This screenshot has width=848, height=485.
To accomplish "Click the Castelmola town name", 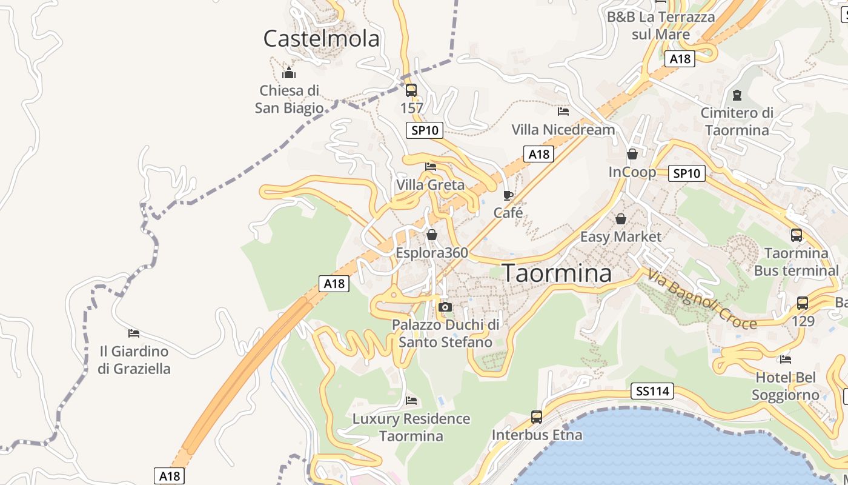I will coord(321,39).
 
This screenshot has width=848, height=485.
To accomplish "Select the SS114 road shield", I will coord(652,391).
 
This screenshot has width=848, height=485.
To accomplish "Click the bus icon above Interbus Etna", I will coord(537,416).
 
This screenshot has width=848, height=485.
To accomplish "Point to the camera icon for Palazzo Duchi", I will coord(445,307).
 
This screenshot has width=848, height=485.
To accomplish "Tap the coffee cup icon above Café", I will coord(508,195).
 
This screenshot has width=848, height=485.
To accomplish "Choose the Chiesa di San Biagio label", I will coord(289,99).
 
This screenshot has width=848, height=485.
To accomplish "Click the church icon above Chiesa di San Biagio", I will coord(289,73).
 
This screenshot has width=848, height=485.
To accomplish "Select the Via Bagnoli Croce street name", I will coord(702,299).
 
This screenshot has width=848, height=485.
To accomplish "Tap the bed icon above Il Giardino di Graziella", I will coord(134,333).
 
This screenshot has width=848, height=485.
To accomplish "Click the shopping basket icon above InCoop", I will coord(632,154).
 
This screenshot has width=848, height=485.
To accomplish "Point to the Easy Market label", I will coord(621,236).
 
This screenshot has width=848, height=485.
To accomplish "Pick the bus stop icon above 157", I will coord(411,90).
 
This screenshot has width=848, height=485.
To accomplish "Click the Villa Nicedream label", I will coord(563,130).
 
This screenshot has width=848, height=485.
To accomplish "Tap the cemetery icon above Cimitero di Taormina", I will coord(737,95).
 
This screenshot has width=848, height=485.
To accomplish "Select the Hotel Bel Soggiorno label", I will coord(786,386).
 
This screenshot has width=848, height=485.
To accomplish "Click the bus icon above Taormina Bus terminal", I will coord(797,235).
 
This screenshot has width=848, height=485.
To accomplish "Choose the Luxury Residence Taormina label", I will coord(411,427).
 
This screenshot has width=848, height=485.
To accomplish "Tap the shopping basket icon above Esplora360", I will coord(432,234).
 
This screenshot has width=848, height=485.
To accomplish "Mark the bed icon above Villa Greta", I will coord(431,166).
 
